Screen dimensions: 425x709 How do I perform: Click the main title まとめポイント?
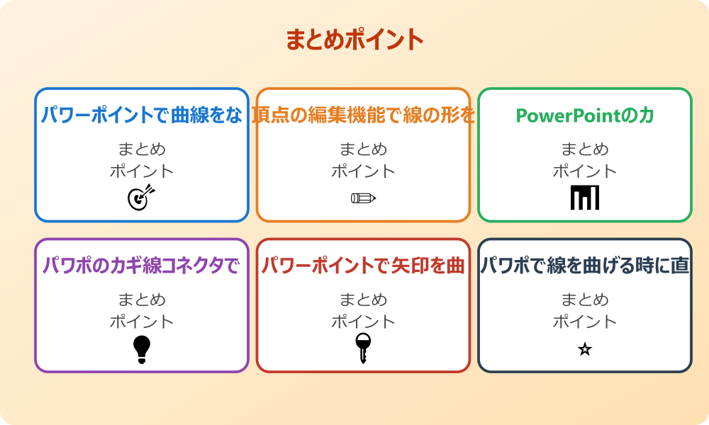tap(354, 39)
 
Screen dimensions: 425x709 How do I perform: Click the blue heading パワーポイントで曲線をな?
tap(142, 115)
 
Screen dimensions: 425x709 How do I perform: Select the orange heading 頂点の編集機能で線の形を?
tap(363, 115)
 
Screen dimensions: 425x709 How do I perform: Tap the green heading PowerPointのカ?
tap(584, 115)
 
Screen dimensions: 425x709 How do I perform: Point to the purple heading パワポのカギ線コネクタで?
tap(142, 266)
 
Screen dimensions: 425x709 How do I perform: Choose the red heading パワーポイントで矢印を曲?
tap(363, 266)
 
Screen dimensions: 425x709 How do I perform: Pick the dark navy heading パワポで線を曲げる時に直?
tap(584, 266)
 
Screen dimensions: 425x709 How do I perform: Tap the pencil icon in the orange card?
tap(363, 198)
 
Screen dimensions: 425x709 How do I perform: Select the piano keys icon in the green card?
tap(584, 197)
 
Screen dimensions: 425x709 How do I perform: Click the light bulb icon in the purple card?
tap(142, 348)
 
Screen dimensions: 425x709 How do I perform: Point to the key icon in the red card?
tap(362, 348)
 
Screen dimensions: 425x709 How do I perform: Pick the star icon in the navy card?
tap(584, 349)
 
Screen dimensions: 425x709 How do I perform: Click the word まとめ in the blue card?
tap(142, 149)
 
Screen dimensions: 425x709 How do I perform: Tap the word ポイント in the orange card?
tap(363, 171)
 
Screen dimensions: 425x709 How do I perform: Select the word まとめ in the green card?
tap(584, 149)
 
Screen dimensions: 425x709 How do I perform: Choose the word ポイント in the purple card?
tap(142, 322)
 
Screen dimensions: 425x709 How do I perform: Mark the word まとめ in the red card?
tap(363, 300)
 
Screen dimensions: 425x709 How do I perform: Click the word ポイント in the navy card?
tap(584, 322)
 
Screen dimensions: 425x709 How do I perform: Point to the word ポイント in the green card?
tap(584, 171)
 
